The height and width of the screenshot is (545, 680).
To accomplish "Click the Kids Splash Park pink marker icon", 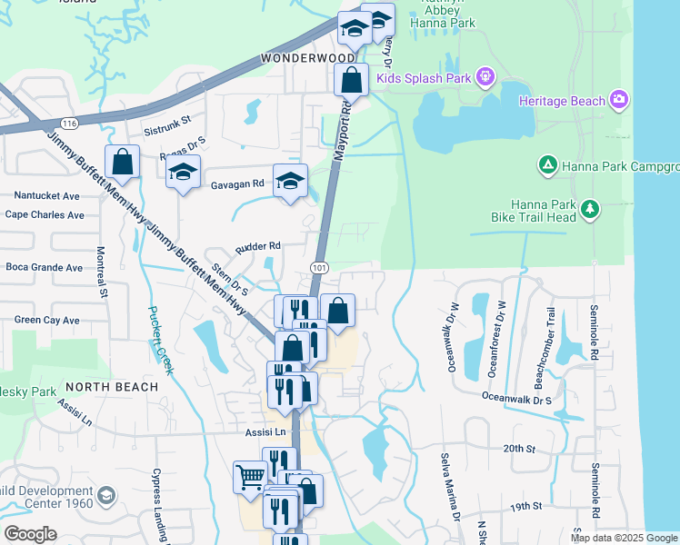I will click(x=485, y=78).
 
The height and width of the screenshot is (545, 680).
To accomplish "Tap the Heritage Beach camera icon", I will click(x=619, y=99).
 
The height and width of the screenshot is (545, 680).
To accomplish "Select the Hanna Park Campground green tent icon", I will click(x=547, y=164).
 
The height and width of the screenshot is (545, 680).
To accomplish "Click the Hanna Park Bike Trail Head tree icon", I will click(x=591, y=211).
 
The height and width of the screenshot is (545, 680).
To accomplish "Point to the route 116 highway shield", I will click(x=67, y=122).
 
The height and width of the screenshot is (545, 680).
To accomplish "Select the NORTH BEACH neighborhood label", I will click(x=111, y=386).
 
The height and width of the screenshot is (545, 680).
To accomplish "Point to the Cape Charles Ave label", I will click(x=45, y=215).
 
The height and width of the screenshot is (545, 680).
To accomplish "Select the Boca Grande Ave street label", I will click(x=44, y=268).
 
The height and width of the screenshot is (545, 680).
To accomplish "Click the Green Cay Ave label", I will click(x=46, y=320).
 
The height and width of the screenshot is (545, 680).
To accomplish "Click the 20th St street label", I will click(x=515, y=448).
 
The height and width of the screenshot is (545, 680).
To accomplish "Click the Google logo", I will click(x=31, y=533).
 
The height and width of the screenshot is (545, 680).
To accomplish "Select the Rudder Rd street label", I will click(x=258, y=245).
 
